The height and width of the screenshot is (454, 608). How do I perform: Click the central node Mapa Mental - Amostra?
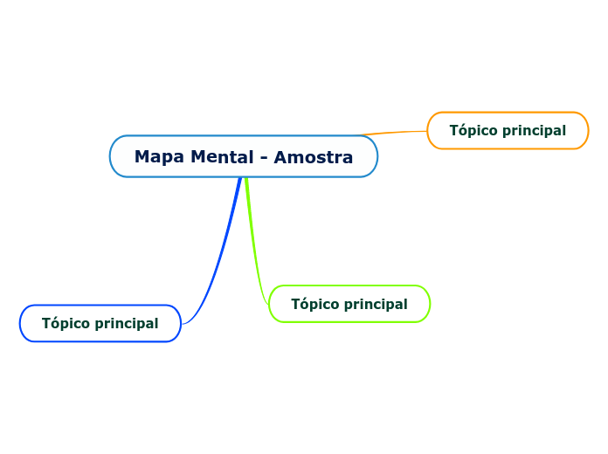click(x=244, y=156)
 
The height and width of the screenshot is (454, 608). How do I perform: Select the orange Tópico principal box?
click(x=508, y=130)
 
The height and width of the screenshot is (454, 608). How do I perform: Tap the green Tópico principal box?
click(x=349, y=304)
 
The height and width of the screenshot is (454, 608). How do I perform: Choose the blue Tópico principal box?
click(x=100, y=323)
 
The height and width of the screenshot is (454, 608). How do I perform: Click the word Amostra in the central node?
click(x=314, y=157)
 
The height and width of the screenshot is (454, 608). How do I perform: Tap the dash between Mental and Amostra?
click(x=264, y=158)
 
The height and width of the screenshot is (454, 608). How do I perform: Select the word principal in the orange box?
click(x=533, y=131)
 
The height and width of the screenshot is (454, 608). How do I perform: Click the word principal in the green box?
click(x=375, y=305)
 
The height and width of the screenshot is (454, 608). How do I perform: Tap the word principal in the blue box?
click(x=126, y=324)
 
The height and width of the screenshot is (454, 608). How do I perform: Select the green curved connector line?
click(x=255, y=253)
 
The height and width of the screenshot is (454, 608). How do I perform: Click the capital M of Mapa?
click(x=142, y=157)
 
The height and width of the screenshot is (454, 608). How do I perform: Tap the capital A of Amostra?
click(x=280, y=157)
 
